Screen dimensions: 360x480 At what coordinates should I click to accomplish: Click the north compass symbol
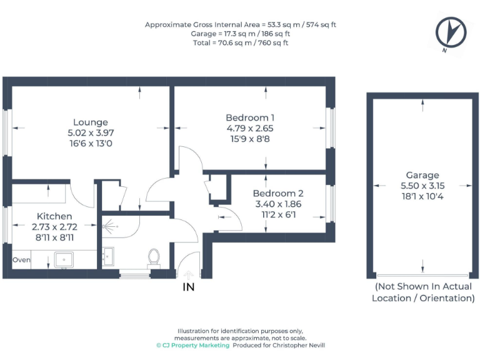point(451,31)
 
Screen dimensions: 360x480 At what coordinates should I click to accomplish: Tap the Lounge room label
point(91,122)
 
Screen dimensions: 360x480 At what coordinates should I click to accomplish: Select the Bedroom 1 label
point(250,117)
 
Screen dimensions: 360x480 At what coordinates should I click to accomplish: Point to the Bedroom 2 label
point(278,193)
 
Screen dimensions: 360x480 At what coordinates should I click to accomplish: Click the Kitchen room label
point(54,216)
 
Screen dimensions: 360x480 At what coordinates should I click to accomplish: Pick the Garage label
point(422,175)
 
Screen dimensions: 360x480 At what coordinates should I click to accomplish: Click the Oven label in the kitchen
point(21,259)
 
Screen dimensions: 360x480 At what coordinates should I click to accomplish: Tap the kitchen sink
point(65,259)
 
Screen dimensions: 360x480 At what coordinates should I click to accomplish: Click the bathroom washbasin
point(109,256)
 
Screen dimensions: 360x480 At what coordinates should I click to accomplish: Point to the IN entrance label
point(189,287)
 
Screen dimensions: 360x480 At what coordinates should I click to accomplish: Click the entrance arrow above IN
point(189,273)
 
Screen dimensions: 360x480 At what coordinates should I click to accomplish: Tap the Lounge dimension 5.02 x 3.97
point(91,132)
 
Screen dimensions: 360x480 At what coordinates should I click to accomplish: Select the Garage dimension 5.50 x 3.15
point(422,186)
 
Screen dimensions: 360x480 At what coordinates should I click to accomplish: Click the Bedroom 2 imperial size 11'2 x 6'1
point(278,214)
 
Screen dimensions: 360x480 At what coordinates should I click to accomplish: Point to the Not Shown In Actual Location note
point(423,292)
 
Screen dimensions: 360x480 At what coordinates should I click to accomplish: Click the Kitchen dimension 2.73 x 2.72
point(54,227)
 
